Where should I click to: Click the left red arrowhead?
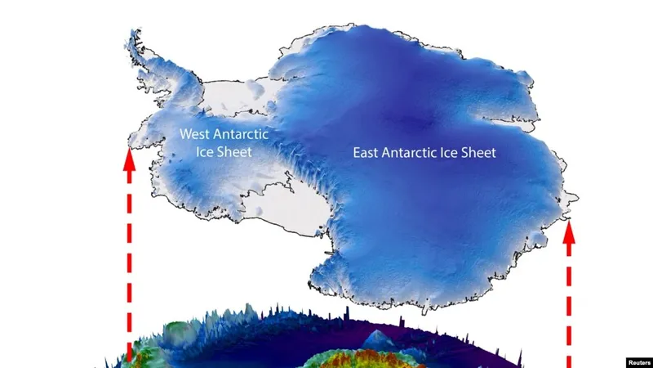coord(128,159)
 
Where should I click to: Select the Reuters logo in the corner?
coord(638,361)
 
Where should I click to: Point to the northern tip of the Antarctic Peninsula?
coord(133,34)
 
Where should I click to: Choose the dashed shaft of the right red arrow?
coord(569,311)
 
